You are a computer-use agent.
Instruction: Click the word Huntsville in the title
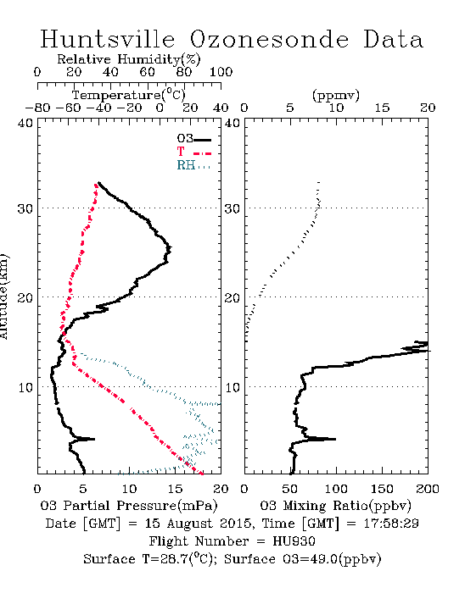click(x=108, y=39)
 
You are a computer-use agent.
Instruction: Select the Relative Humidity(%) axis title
click(x=129, y=59)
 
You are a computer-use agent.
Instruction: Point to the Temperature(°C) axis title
click(x=129, y=95)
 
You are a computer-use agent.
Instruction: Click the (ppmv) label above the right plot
click(x=336, y=95)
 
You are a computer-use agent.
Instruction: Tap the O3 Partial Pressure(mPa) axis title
click(x=129, y=505)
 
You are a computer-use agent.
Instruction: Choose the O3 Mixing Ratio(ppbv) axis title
click(x=335, y=505)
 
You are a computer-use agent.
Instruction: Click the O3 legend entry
click(x=193, y=139)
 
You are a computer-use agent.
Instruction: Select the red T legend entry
click(x=193, y=152)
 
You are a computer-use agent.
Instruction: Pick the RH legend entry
click(x=193, y=165)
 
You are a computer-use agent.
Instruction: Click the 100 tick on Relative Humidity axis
click(x=221, y=72)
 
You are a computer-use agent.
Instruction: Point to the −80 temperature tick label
click(x=37, y=108)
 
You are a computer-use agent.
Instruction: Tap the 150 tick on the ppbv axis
click(x=382, y=489)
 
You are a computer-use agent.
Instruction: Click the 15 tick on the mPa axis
click(x=175, y=489)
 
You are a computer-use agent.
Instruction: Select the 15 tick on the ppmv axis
click(x=382, y=108)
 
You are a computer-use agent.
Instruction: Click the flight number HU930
click(x=294, y=540)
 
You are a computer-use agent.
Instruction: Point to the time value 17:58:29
click(x=391, y=524)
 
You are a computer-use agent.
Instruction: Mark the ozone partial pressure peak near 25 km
click(x=169, y=248)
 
